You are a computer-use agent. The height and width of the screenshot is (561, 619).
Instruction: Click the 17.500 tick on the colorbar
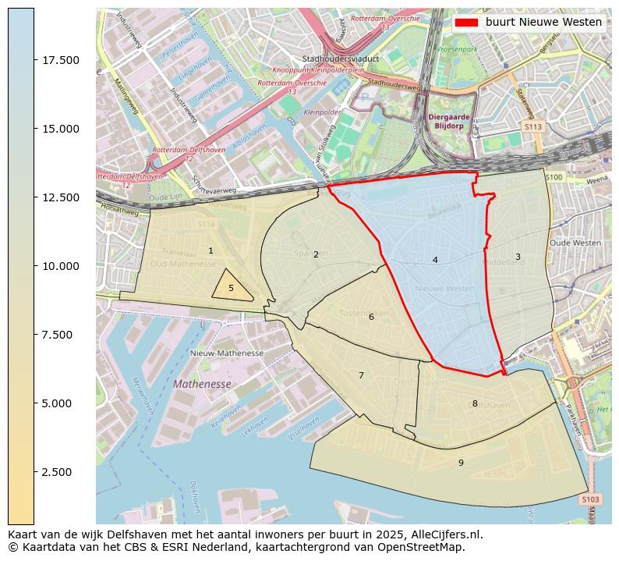[x=34, y=60]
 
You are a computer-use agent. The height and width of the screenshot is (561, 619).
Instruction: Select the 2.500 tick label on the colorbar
[x=62, y=472]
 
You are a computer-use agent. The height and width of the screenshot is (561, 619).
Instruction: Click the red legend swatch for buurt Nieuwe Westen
[x=465, y=23]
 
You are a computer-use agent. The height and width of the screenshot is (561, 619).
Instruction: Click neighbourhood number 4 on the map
[x=435, y=260]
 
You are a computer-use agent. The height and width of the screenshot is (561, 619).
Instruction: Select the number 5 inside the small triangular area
[x=231, y=288]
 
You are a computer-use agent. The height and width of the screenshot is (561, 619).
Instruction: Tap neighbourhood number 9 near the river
[x=461, y=463]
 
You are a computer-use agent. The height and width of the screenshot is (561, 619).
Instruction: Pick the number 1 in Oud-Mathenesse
[x=210, y=250]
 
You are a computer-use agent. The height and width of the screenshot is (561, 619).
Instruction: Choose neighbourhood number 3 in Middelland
[x=518, y=257]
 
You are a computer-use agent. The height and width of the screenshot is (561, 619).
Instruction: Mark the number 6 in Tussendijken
[x=371, y=317]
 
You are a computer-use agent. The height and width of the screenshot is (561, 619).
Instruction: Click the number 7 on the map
[x=361, y=375]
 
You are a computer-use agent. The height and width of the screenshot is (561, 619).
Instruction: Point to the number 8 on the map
[x=475, y=403]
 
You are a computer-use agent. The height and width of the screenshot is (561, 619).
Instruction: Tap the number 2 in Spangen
[x=316, y=254]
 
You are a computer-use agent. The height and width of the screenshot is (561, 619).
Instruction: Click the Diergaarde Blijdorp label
[x=451, y=121]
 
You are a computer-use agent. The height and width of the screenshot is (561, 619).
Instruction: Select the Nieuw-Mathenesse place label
[x=227, y=353]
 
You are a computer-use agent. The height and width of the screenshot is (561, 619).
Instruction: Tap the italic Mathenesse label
[x=202, y=384]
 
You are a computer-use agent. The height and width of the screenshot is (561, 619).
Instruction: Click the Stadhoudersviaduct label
[x=341, y=59]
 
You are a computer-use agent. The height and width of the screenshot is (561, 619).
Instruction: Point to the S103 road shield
[x=590, y=499]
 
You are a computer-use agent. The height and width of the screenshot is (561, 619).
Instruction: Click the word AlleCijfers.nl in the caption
[x=446, y=535]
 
